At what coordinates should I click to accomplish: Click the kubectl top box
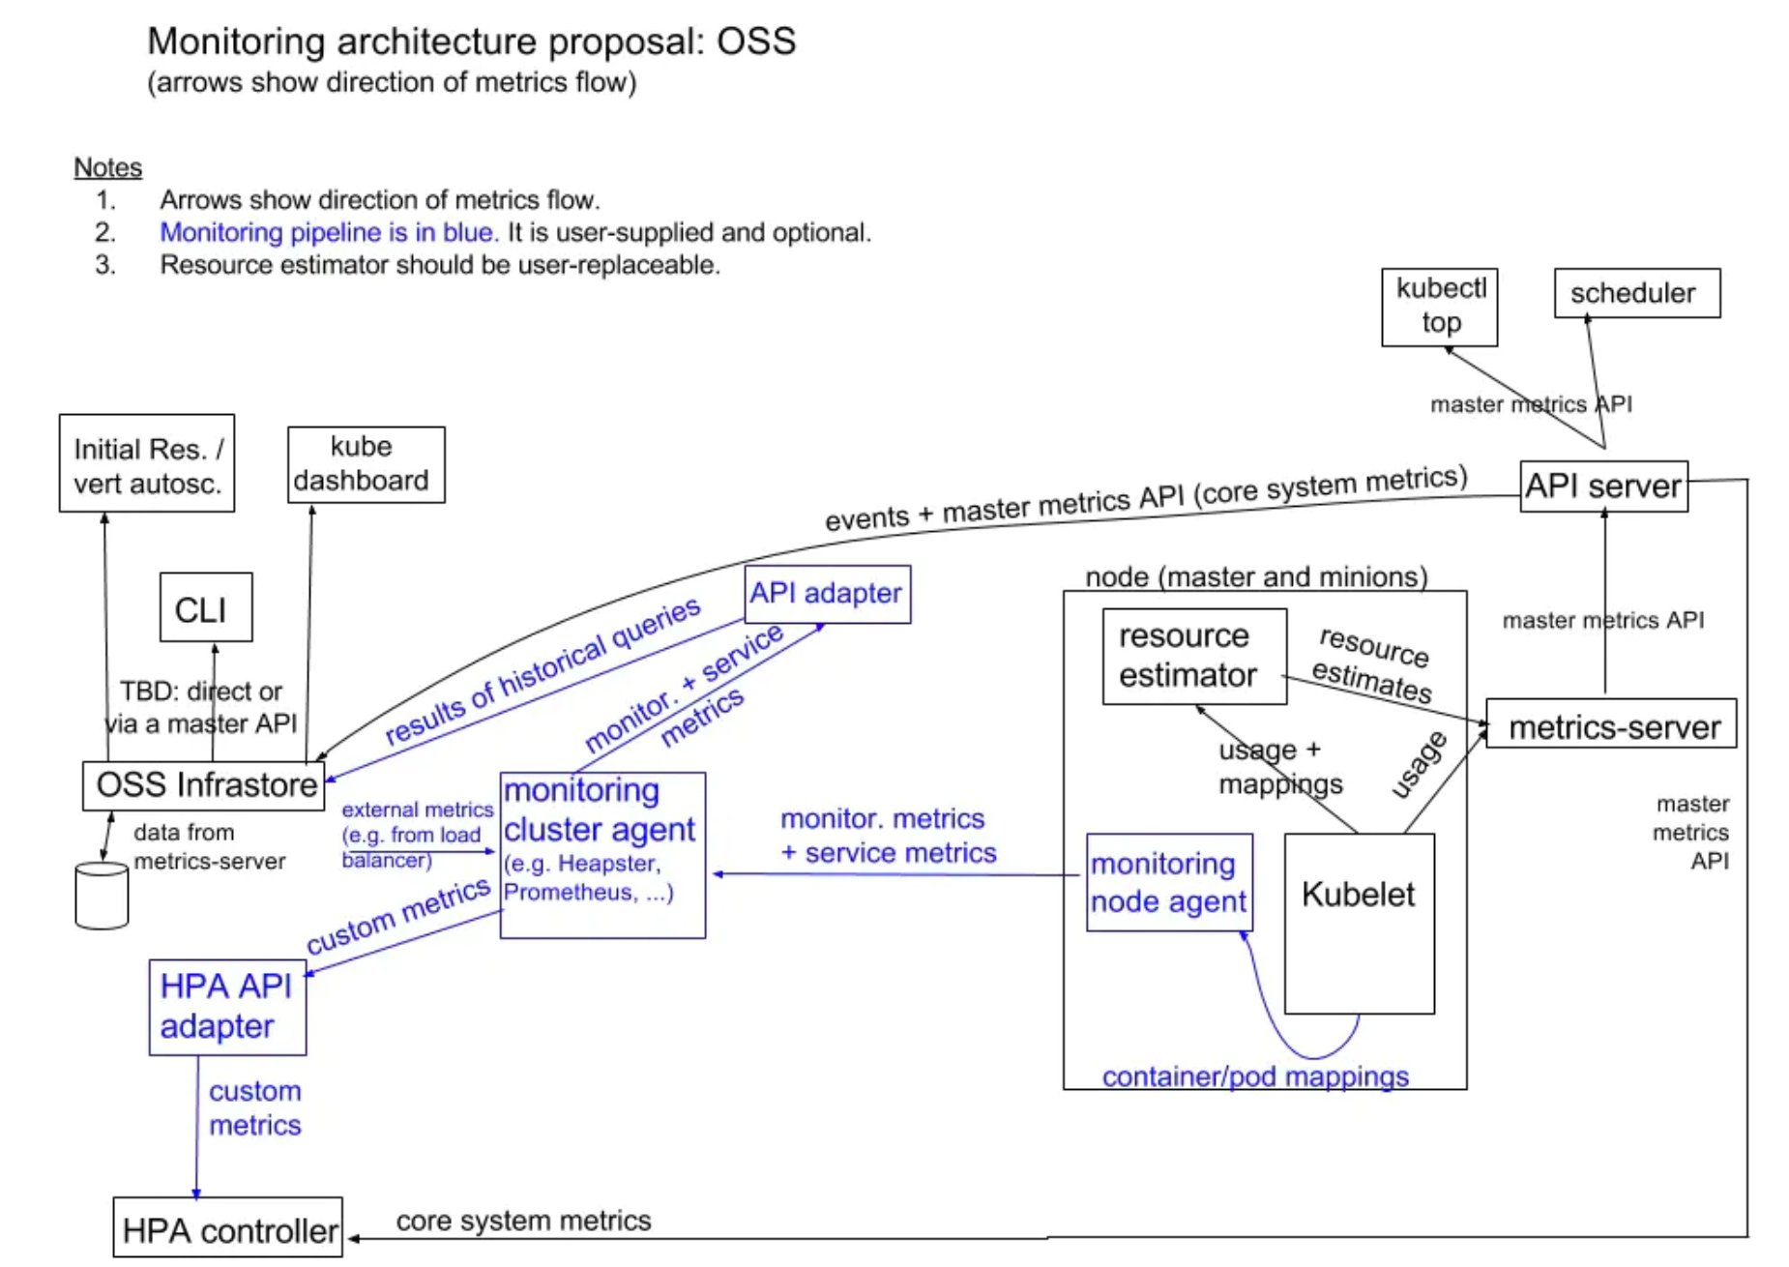click(1439, 307)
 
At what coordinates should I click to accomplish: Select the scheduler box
click(1636, 293)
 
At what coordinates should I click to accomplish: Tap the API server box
click(1603, 486)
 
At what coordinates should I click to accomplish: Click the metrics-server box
click(1611, 723)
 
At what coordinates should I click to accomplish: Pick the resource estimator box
click(1194, 656)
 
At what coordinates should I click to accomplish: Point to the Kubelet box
click(1359, 923)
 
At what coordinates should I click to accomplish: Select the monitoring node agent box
click(1169, 882)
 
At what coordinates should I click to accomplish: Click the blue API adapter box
click(827, 594)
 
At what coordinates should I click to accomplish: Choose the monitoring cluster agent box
click(602, 855)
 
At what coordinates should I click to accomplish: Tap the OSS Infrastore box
click(204, 785)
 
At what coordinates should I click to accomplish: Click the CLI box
click(205, 607)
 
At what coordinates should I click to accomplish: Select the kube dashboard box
click(366, 464)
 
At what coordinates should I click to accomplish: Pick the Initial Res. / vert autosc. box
click(147, 463)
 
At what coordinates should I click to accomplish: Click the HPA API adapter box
click(227, 1007)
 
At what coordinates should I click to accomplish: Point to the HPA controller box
click(228, 1228)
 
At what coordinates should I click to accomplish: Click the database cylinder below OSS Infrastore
click(102, 895)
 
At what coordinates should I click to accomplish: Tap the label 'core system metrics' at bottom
click(523, 1221)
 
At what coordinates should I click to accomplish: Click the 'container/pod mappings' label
click(1254, 1076)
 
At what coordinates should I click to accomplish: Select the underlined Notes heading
click(107, 167)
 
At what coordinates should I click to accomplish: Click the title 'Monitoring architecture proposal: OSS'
click(471, 42)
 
